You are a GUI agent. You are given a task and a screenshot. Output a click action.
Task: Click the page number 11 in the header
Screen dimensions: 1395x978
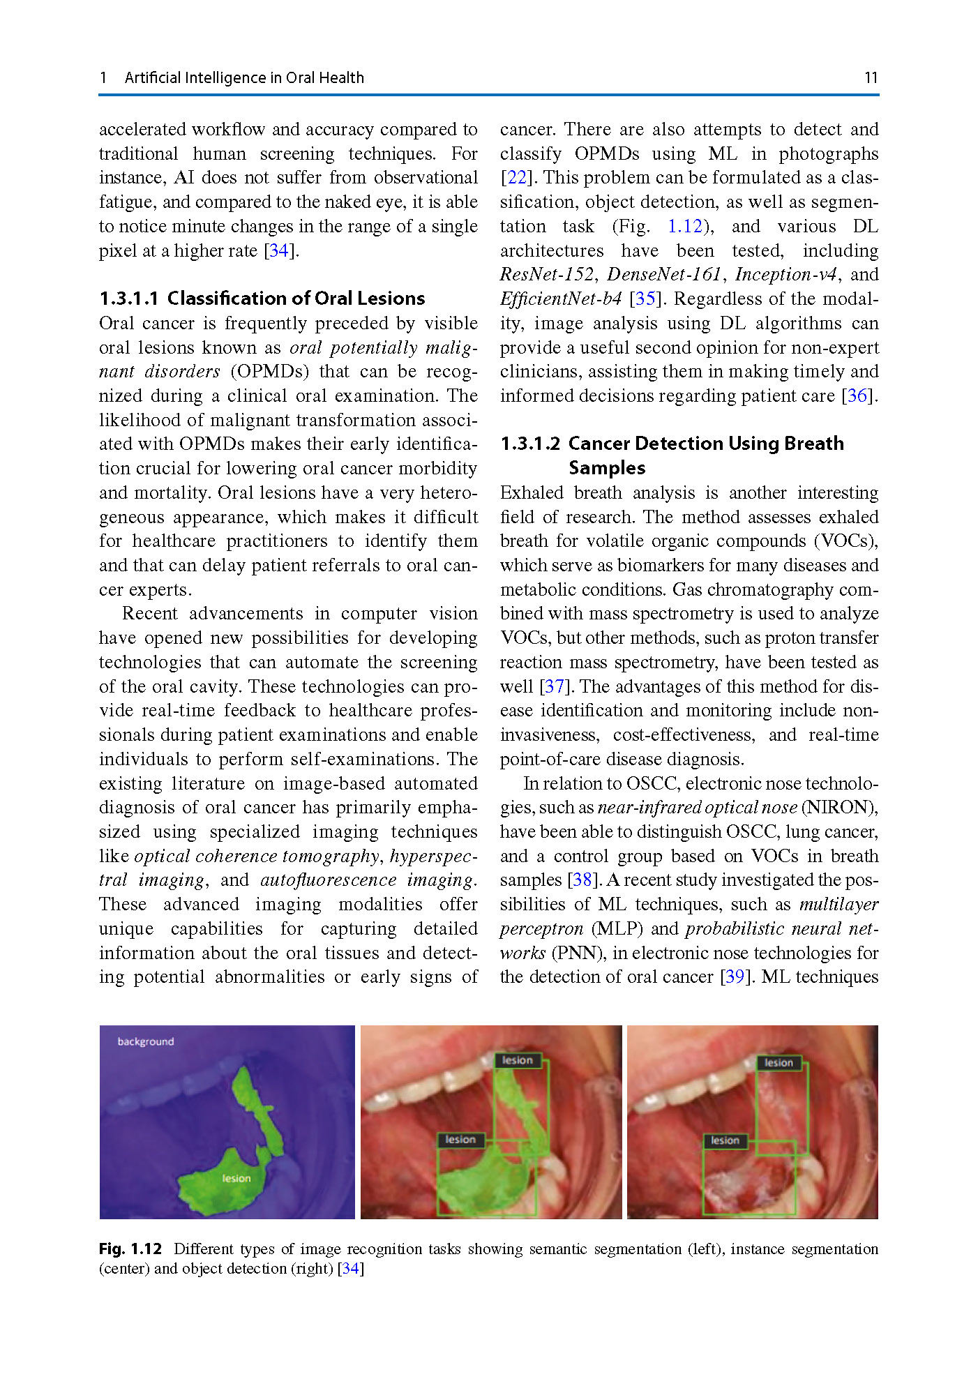tap(871, 77)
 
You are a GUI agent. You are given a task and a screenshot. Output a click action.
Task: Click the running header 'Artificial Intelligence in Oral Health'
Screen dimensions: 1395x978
tap(244, 77)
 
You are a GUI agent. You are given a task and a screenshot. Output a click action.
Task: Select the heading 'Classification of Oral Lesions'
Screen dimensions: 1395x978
tap(296, 299)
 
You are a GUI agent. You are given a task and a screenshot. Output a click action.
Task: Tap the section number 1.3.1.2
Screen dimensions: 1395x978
tap(530, 444)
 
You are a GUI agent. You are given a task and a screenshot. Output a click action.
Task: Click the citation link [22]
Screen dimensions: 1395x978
tap(516, 178)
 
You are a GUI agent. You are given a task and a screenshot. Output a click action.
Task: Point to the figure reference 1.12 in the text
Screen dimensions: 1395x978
tap(685, 227)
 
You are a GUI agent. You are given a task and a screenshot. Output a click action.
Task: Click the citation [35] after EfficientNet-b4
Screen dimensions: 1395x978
tap(645, 299)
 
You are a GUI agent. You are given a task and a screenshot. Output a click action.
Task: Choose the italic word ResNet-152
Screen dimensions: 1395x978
tap(547, 275)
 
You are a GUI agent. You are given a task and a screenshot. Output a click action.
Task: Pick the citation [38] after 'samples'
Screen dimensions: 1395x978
tap(582, 880)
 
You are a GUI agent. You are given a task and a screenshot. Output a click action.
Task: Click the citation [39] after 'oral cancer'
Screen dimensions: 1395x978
tap(735, 977)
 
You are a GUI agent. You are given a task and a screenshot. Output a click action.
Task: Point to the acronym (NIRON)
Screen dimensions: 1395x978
tap(839, 808)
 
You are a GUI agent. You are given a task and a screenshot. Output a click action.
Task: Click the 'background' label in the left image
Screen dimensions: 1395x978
tap(145, 1041)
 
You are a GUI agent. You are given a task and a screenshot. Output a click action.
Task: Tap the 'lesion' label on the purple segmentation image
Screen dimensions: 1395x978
tap(236, 1178)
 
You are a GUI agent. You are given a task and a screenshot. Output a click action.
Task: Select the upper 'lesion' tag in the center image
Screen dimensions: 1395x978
tap(517, 1060)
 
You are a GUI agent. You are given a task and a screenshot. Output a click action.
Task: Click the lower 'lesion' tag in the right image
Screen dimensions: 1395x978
tap(725, 1140)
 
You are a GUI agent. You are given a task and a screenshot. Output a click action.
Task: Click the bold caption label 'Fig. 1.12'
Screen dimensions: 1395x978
tap(130, 1249)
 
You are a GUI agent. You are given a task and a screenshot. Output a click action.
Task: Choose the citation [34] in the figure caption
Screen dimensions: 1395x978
tap(351, 1268)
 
